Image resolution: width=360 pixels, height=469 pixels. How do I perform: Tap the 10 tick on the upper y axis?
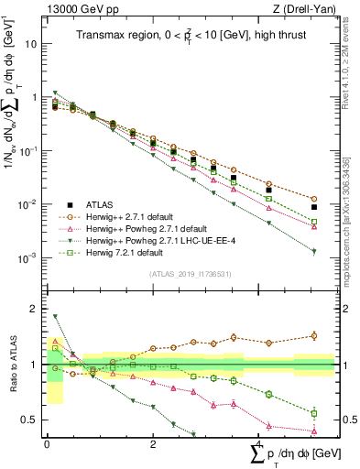point(32,43)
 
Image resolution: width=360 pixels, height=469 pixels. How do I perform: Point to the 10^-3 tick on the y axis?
point(27,258)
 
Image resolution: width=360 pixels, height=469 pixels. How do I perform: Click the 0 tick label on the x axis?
point(47,444)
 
